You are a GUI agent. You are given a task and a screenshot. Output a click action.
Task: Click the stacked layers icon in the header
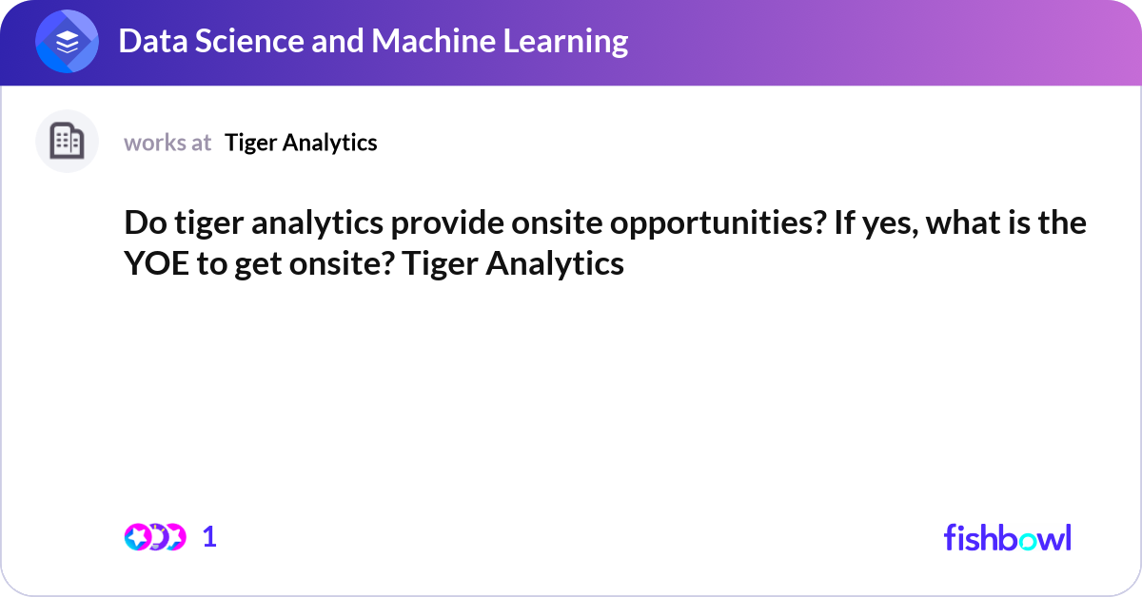point(67,41)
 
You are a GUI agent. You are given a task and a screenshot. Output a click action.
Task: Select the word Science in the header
point(249,41)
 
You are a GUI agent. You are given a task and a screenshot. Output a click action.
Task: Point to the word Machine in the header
point(433,41)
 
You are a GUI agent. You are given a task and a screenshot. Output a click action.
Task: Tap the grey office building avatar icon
point(67,141)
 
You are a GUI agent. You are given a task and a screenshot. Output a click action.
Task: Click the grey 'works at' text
point(167,143)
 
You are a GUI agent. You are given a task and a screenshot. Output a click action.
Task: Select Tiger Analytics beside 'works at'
point(301,143)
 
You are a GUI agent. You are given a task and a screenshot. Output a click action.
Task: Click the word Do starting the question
point(146,222)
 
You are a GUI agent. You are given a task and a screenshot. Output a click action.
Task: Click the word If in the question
point(844,222)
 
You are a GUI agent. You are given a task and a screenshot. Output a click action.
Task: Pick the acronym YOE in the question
point(156,263)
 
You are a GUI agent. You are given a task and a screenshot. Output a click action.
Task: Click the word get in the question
point(258,266)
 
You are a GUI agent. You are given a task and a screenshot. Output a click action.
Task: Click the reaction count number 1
point(209,537)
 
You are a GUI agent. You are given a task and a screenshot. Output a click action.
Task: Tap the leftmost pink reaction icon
point(138,537)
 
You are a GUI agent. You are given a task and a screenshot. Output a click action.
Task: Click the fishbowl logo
point(1008,537)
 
